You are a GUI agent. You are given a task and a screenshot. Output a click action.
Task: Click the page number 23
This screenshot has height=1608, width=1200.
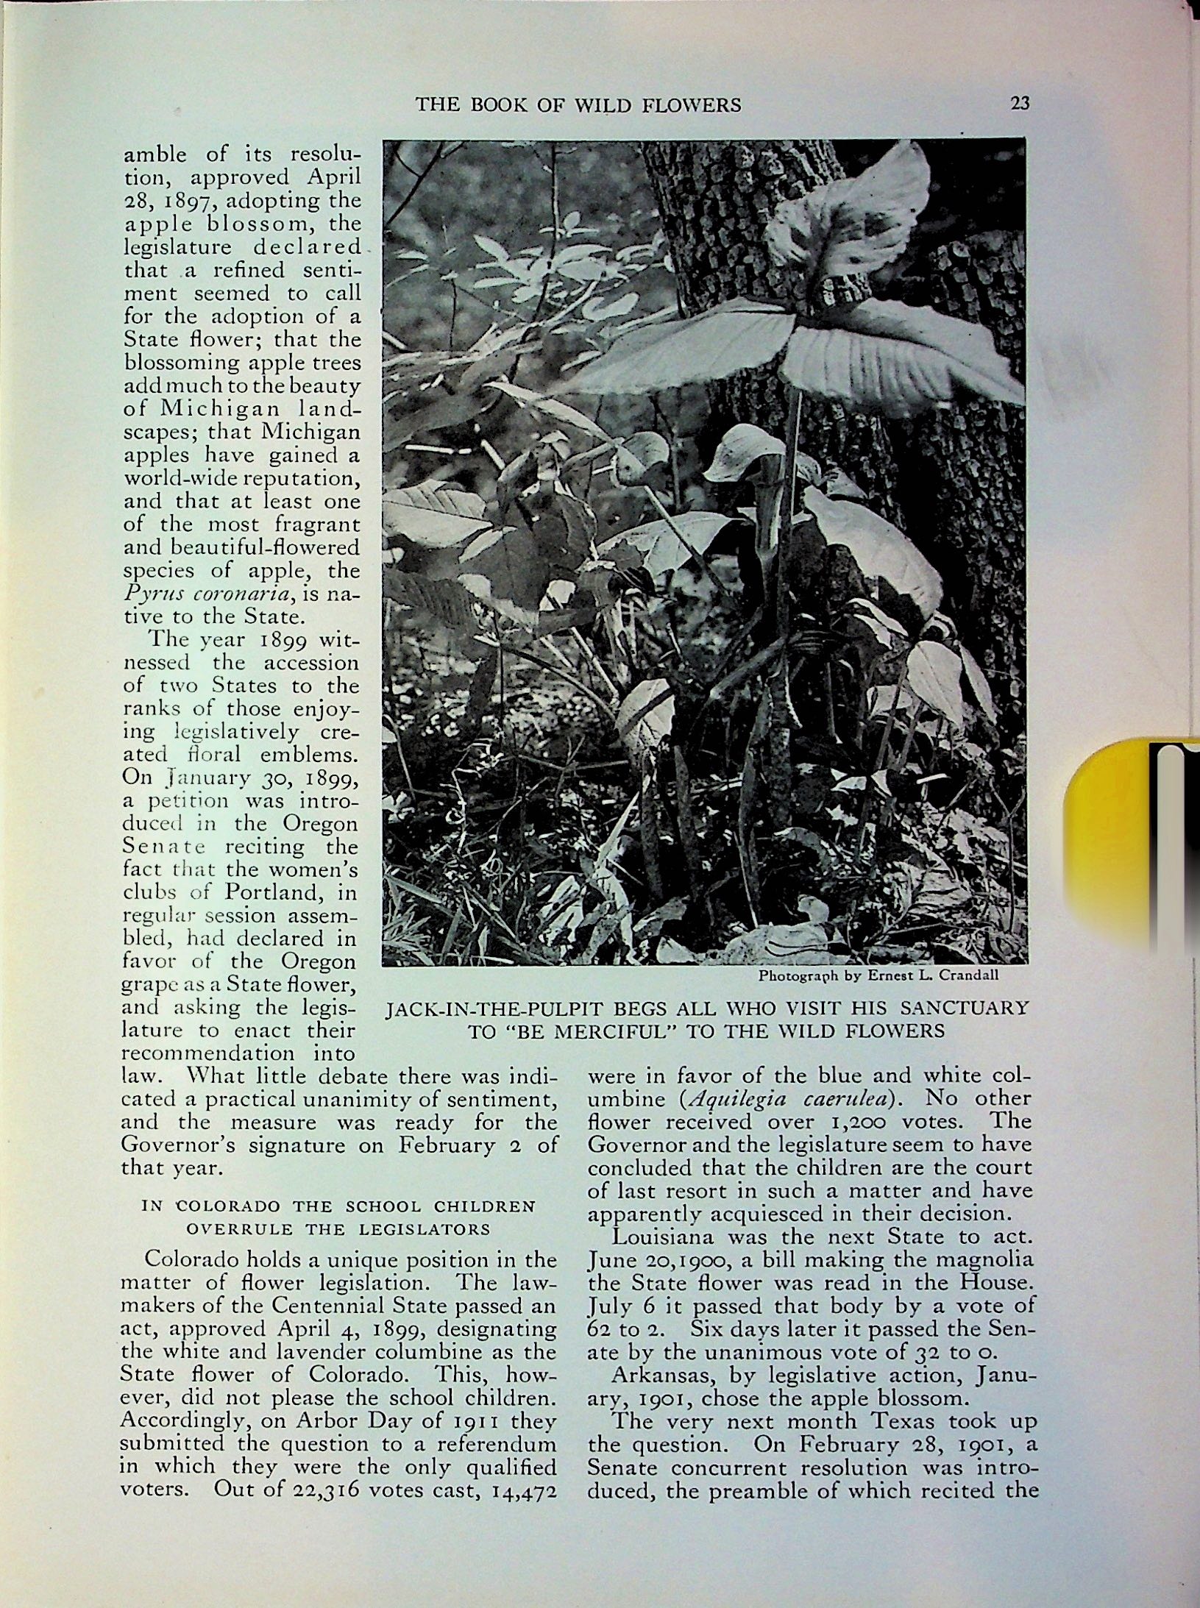(x=1020, y=104)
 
